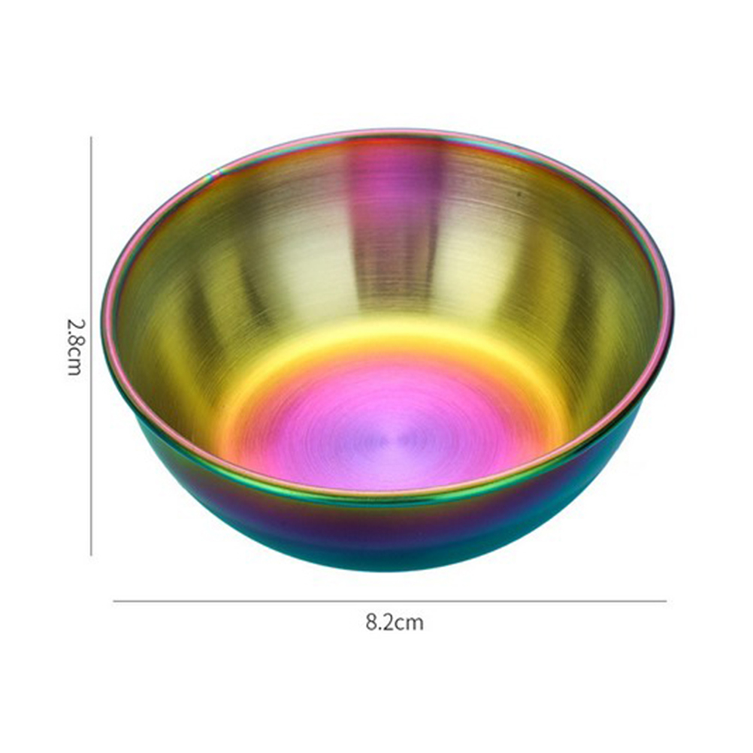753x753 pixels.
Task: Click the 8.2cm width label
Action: [395, 622]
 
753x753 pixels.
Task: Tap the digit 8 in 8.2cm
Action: [370, 622]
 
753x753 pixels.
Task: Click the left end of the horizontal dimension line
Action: [113, 600]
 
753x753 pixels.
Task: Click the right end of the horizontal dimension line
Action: [667, 600]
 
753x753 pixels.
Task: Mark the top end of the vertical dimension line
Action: [91, 137]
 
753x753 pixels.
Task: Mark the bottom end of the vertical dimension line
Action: [91, 555]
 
